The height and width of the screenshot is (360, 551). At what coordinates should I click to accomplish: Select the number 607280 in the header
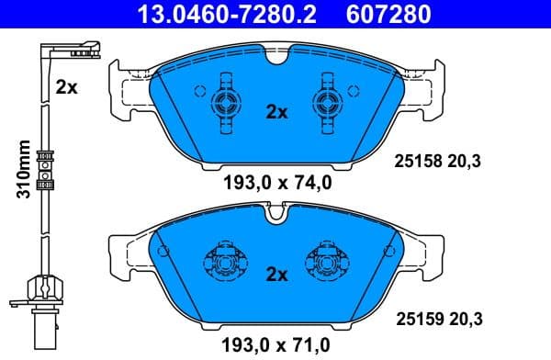385,14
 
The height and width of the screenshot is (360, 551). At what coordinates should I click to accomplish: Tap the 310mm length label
25,169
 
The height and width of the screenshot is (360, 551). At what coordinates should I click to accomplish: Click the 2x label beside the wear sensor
66,88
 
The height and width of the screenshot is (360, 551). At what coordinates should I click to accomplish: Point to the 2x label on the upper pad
276,112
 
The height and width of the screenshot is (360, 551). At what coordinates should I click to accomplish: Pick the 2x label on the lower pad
276,274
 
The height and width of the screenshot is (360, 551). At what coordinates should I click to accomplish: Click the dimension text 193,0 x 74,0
276,183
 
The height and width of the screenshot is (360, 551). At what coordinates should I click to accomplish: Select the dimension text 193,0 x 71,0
276,346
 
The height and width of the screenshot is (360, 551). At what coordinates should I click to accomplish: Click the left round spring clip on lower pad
225,264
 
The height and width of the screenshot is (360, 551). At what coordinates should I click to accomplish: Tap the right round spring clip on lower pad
327,264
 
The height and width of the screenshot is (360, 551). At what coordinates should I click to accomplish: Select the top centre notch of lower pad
276,217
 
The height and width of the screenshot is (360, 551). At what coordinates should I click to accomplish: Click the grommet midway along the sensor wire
41,167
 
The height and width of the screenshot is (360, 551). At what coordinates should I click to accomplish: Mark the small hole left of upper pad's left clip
199,90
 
